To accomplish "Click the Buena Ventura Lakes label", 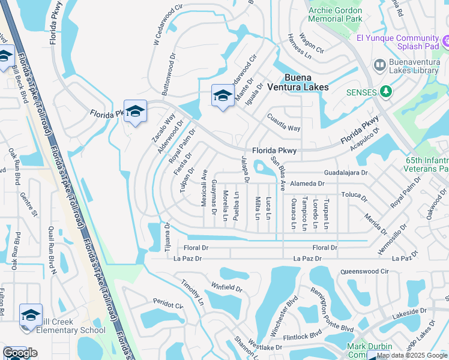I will (306, 82).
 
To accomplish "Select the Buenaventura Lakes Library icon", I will (379, 64).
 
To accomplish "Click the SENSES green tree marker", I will (387, 92).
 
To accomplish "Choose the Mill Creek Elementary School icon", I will (30, 314).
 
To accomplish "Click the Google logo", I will (20, 353).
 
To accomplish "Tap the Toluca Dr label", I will (354, 195).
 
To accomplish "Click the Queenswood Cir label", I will (364, 271).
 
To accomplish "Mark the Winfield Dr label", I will (226, 287).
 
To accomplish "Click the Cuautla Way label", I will (283, 124).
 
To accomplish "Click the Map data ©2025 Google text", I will (412, 355).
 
